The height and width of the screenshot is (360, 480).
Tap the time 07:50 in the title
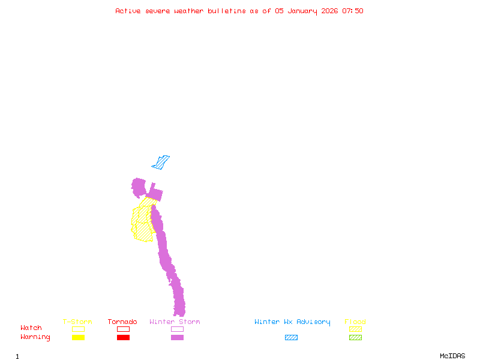(x=353, y=11)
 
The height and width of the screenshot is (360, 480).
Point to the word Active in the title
(x=128, y=11)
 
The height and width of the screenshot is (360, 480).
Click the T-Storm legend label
(x=77, y=322)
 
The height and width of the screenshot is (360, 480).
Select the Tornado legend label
(x=123, y=322)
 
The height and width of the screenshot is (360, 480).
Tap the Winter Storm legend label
(x=175, y=322)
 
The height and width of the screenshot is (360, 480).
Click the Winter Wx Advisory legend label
(x=292, y=322)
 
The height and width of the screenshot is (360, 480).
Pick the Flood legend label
(x=355, y=322)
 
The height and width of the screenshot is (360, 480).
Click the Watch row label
(x=31, y=328)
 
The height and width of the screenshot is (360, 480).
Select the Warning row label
(x=35, y=337)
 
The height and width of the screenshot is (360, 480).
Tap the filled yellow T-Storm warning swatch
(x=78, y=338)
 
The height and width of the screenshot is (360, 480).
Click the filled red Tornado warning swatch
(x=123, y=338)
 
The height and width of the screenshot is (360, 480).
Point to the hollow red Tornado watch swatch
(x=123, y=329)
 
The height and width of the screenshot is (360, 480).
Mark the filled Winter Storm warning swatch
(x=177, y=338)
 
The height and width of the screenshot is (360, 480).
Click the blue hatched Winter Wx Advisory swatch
(x=291, y=338)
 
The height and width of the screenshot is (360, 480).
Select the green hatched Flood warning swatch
(x=355, y=338)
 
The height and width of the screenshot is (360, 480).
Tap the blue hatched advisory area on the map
(x=161, y=163)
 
